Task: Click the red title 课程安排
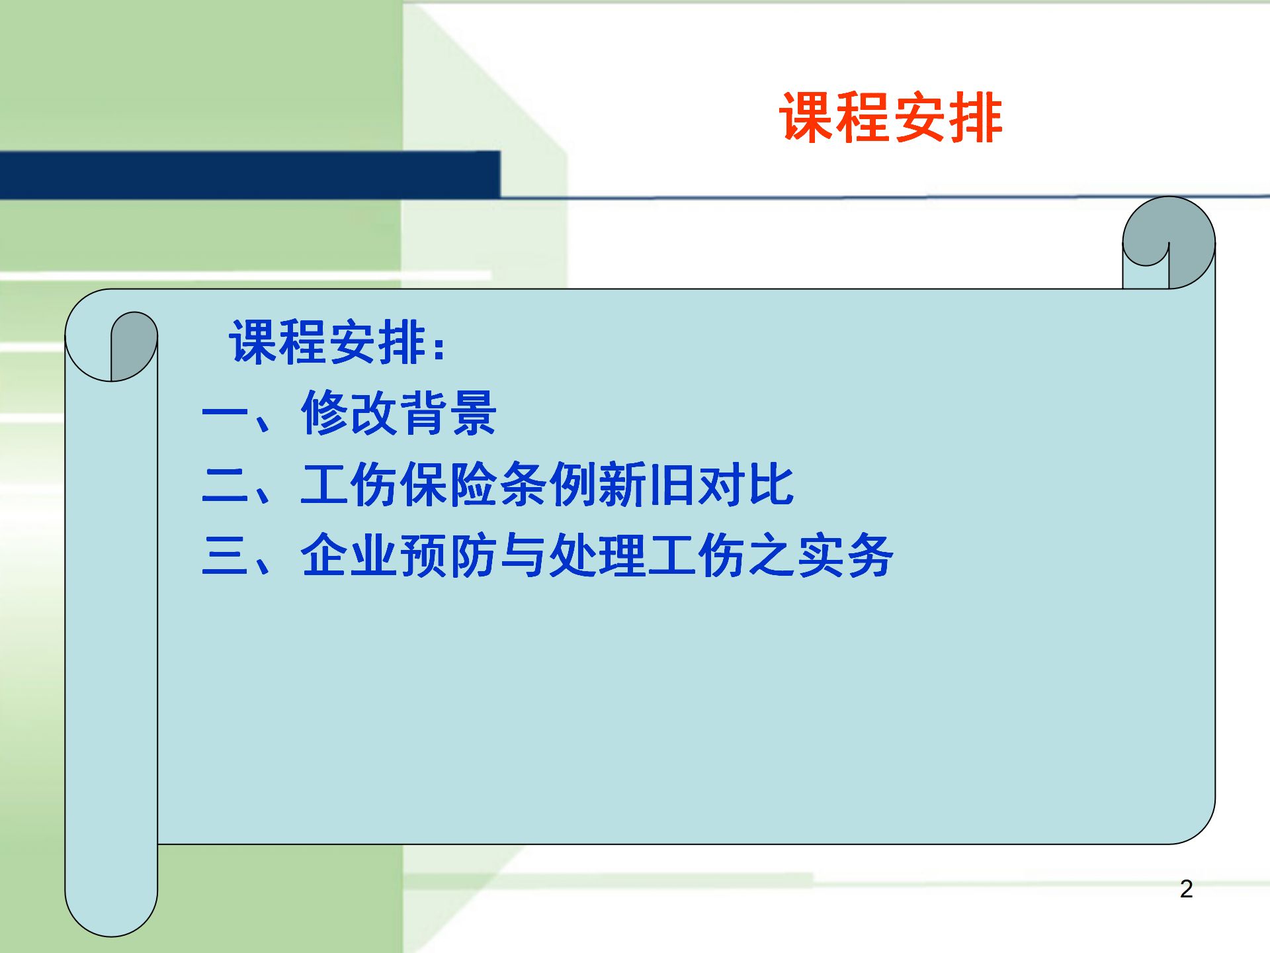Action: coord(891,118)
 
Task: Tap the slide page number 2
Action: coord(1186,889)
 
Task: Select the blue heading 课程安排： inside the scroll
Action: coord(337,342)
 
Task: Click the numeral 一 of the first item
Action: coord(225,414)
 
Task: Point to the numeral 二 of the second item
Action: coord(225,485)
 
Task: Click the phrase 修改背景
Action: coord(399,413)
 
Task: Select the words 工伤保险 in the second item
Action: coord(399,484)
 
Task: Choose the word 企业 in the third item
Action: coord(349,555)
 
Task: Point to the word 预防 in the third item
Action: coord(448,555)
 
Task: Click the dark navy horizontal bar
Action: coord(250,175)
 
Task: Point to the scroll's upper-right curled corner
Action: coord(1169,243)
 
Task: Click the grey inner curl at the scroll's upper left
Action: coord(134,345)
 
